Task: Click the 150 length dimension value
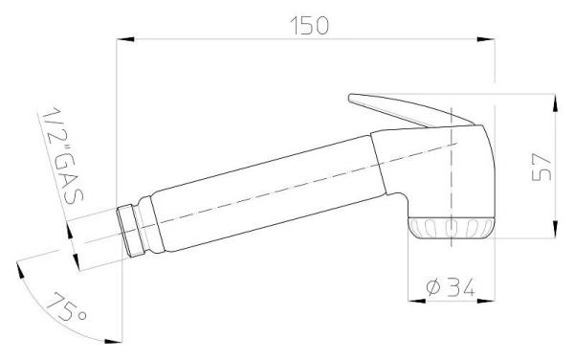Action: tap(310, 26)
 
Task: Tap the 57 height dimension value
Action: tap(541, 167)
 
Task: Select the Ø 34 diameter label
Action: tap(451, 286)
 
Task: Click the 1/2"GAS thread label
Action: tap(62, 156)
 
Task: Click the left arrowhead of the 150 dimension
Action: tap(125, 39)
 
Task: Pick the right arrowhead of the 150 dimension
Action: tap(486, 39)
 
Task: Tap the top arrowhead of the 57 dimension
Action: tap(555, 102)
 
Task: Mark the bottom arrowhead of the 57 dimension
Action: tap(555, 230)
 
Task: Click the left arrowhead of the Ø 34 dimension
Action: tap(417, 301)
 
